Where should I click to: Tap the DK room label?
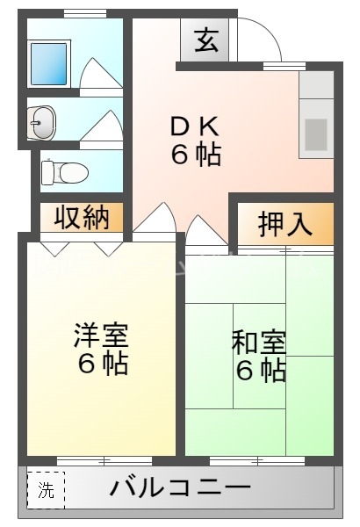click(194, 126)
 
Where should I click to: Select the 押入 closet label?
click(284, 224)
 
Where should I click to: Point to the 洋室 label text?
click(101, 336)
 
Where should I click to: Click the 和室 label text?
click(259, 342)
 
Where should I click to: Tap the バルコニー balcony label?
click(180, 487)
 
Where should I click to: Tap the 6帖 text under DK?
click(194, 155)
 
